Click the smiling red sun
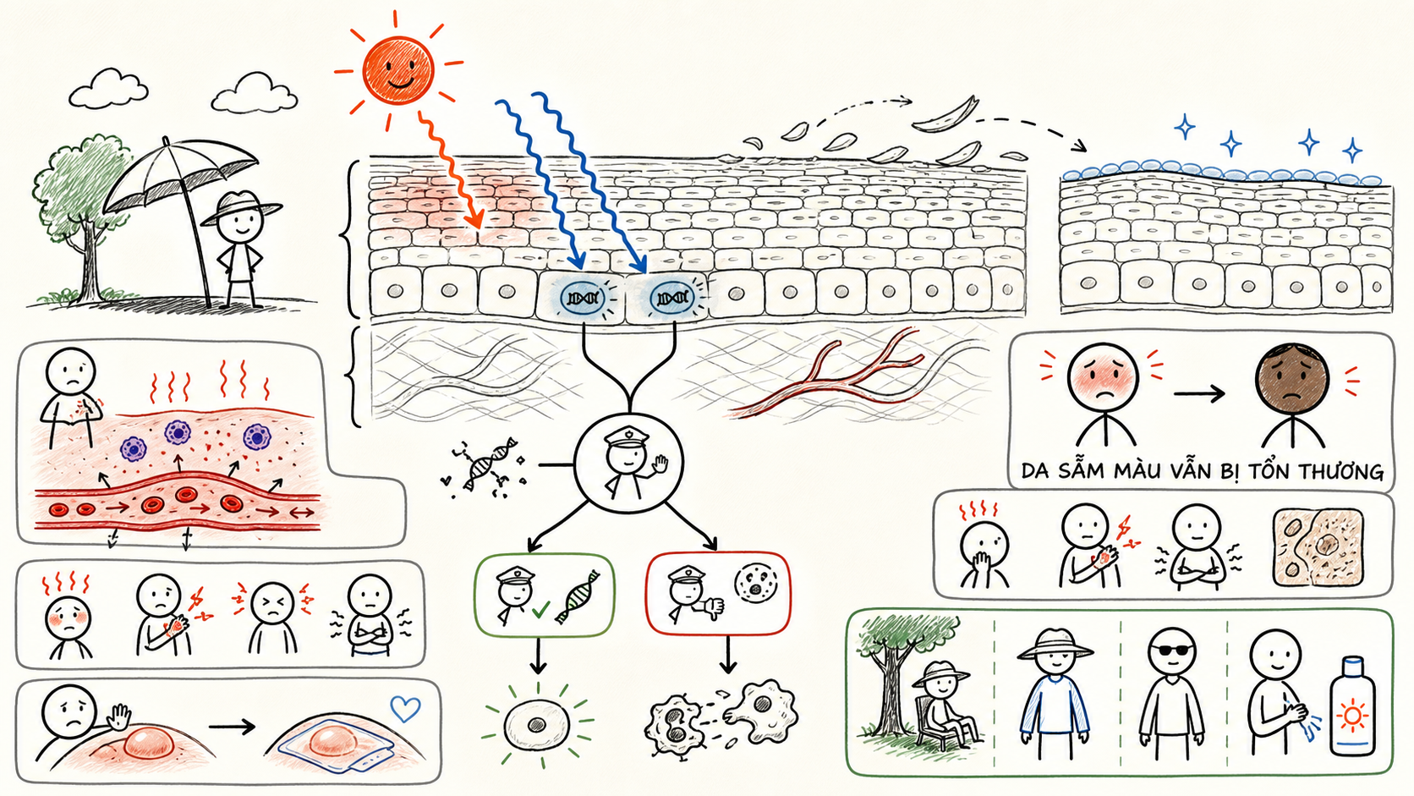[397, 70]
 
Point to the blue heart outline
[405, 708]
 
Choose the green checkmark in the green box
[540, 610]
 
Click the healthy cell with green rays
[537, 724]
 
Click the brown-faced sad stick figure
[1291, 394]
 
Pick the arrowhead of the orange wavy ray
[474, 220]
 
